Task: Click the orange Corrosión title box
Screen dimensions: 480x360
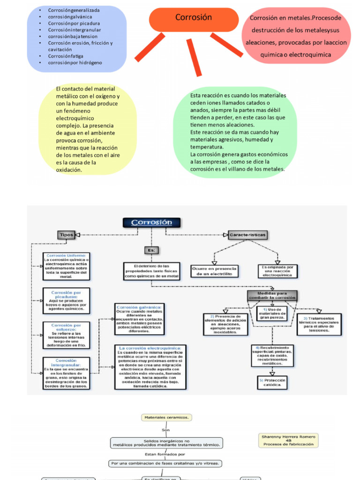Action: tap(194, 18)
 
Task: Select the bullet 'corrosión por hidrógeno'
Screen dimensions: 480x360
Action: tap(75, 62)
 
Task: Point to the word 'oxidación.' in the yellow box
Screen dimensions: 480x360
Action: tap(69, 170)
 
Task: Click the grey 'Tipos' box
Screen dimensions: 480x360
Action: tap(66, 234)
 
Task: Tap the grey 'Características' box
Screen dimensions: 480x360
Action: tap(247, 234)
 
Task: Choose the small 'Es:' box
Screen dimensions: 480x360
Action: tap(152, 250)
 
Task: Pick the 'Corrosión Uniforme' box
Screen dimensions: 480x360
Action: tap(66, 266)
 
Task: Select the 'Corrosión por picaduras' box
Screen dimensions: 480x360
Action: tap(66, 300)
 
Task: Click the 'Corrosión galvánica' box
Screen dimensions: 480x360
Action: tap(139, 319)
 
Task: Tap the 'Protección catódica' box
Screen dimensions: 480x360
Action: tap(272, 382)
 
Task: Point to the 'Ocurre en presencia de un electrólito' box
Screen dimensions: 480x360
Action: tap(214, 271)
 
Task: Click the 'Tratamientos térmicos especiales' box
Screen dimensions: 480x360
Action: tap(319, 324)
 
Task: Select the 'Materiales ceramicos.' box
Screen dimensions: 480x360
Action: tap(166, 417)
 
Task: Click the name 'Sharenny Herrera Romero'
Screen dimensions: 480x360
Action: tap(288, 436)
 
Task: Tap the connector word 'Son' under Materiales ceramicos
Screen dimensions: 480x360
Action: tap(165, 429)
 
